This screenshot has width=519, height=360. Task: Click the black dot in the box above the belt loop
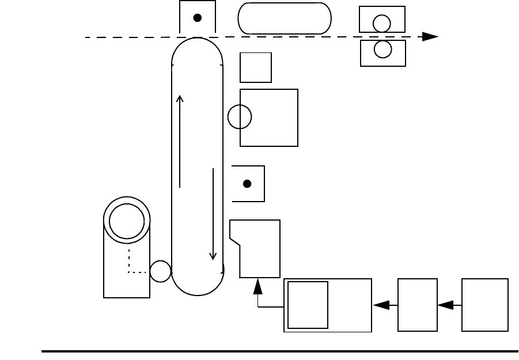(197, 18)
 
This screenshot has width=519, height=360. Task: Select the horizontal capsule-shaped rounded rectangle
(285, 18)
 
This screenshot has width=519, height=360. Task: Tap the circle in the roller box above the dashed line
(382, 23)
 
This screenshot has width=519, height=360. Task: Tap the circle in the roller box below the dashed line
(382, 50)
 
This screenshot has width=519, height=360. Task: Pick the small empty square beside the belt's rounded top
(256, 67)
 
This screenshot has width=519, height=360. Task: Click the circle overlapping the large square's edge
(240, 117)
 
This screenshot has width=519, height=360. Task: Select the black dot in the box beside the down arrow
(247, 184)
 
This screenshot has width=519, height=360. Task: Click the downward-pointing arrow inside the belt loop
(213, 214)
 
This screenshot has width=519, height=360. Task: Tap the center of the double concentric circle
(127, 221)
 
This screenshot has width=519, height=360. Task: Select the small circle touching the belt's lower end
(160, 271)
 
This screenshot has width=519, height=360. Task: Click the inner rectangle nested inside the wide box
(308, 305)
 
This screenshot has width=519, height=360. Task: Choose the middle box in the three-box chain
(418, 305)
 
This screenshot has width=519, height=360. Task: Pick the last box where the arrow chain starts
(485, 305)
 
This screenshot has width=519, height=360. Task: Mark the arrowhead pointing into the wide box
(381, 306)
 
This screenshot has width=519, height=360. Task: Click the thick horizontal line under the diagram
(279, 350)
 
